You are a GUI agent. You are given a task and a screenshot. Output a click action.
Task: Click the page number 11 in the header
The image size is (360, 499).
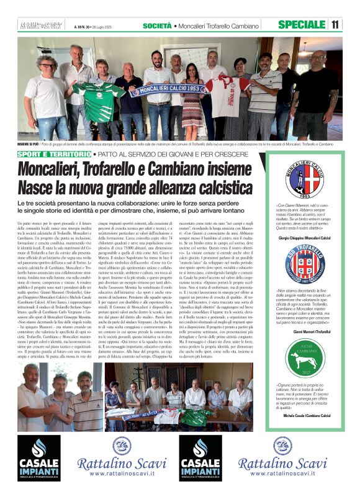pos(335,25)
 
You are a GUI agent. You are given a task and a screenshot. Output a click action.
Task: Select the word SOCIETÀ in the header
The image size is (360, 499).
pos(158,25)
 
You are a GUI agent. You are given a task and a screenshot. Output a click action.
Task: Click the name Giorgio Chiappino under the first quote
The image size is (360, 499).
pos(304,238)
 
